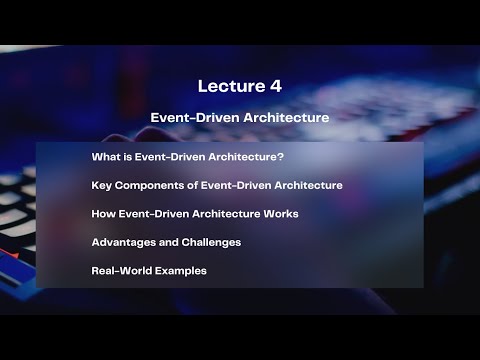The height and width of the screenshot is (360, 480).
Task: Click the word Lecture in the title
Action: coord(229,85)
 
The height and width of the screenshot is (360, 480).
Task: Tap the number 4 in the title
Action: coord(274,85)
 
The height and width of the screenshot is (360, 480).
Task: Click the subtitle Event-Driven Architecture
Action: coord(240,117)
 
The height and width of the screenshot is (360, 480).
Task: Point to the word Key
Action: coord(101,185)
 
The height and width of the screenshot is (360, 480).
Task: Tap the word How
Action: coord(103,213)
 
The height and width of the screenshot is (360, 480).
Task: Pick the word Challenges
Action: coord(212,242)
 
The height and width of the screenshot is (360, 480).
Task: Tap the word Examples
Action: coord(185,270)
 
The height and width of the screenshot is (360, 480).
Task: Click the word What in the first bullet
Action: coord(105,157)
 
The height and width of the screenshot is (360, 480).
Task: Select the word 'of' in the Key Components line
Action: coord(197,185)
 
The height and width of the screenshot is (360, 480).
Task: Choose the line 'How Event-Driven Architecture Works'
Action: coord(195,213)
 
